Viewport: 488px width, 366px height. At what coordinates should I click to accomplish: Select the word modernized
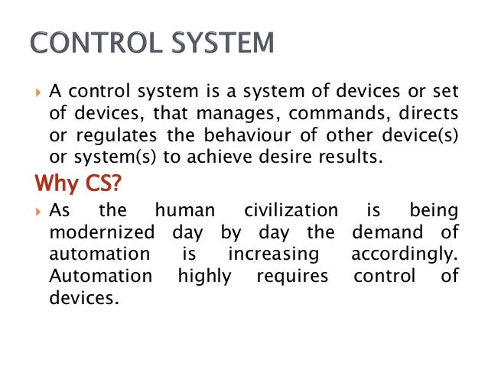pos(101,232)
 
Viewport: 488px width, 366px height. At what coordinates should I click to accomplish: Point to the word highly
pos(203,275)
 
